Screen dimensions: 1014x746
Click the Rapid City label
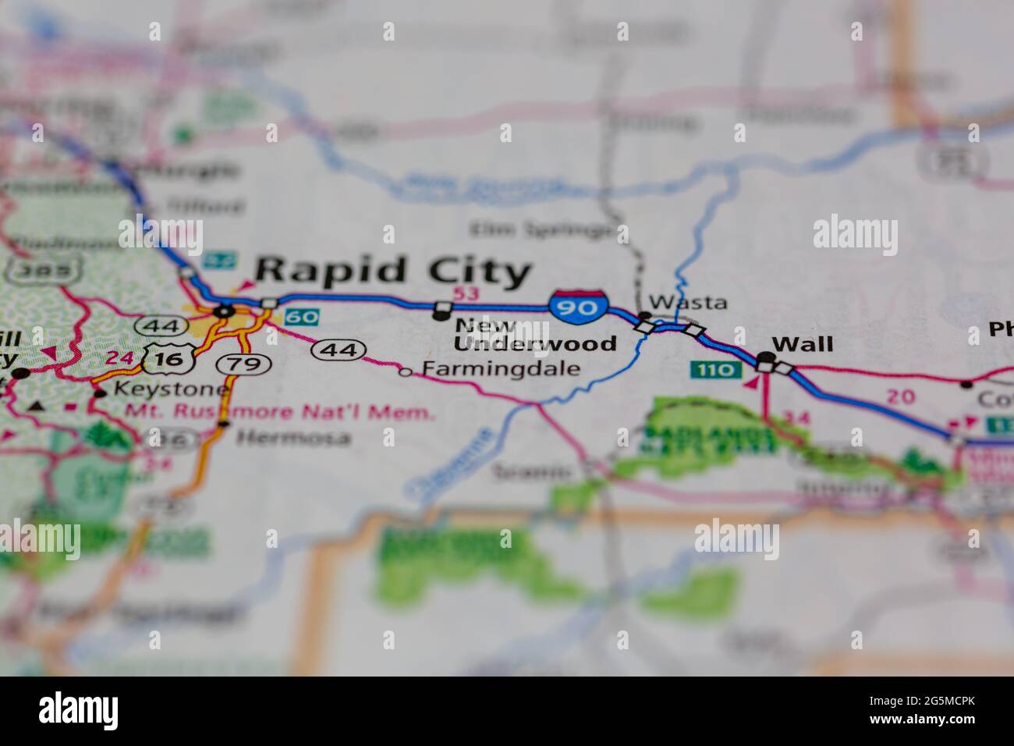(393, 272)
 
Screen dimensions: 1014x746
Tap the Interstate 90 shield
(578, 305)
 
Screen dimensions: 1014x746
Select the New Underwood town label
(534, 334)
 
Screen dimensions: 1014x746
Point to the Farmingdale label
(502, 369)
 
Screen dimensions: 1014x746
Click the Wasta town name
(688, 302)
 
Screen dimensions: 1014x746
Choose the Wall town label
(802, 344)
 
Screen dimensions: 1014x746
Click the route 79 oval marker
(243, 364)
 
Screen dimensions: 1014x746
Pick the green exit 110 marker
(714, 369)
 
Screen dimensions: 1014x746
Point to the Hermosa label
(293, 439)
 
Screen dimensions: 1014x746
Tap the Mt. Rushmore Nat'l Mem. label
(279, 412)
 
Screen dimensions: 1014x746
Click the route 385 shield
(44, 271)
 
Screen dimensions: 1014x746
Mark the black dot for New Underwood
(441, 314)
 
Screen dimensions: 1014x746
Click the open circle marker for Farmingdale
(405, 372)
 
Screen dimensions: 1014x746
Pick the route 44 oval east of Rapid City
(339, 350)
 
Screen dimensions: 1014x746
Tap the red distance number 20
(901, 396)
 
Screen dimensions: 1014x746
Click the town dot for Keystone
(100, 393)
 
